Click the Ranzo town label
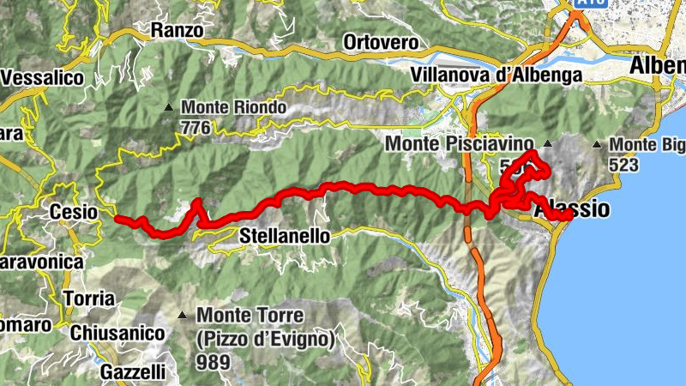point(177,30)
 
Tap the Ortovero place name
point(380,41)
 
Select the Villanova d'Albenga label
point(496,75)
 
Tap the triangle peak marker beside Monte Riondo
point(169,108)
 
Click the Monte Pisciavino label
point(459,144)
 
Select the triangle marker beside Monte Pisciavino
point(548,143)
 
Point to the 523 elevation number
point(623,163)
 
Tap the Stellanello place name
point(284,234)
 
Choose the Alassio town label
point(572,209)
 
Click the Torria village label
point(89,299)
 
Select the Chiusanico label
point(117,332)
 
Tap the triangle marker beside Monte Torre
point(183,316)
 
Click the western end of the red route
point(117,218)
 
